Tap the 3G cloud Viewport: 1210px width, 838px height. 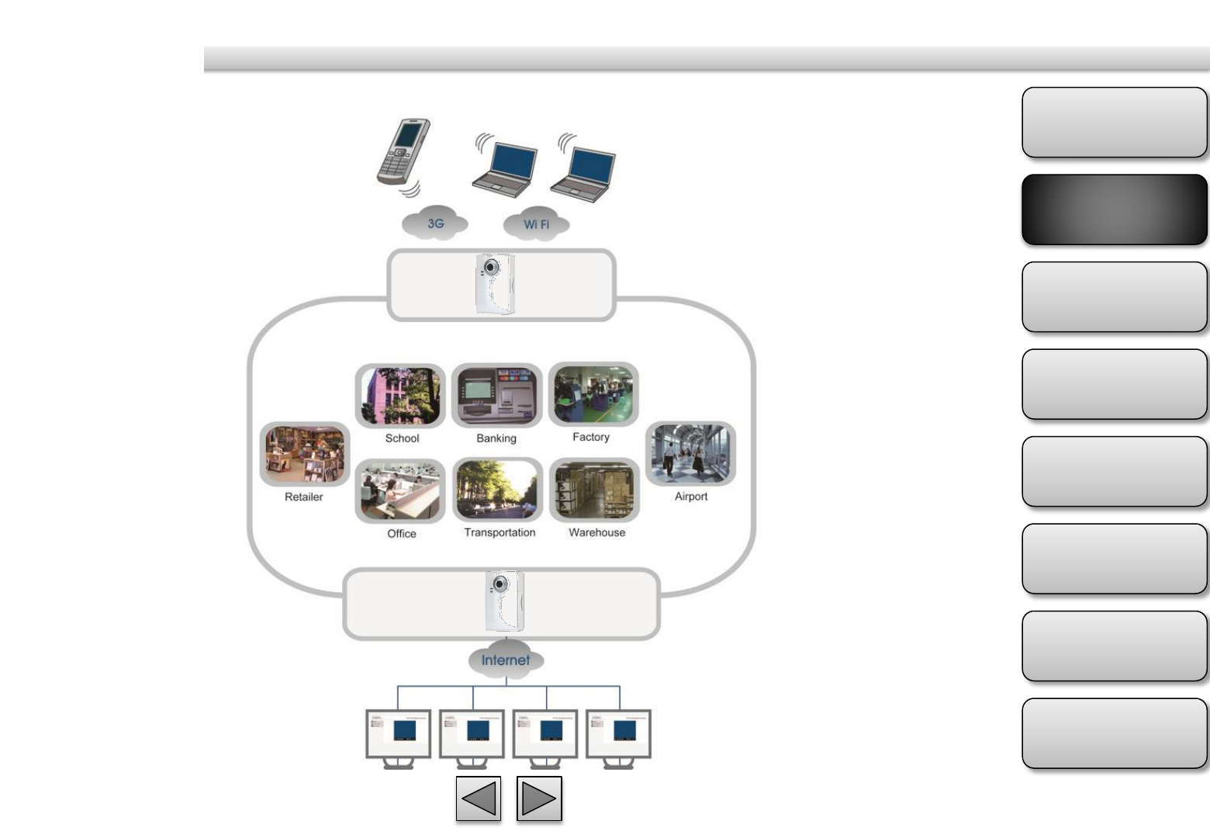435,223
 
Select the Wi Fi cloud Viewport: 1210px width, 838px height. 536,224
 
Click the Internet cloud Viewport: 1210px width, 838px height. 506,660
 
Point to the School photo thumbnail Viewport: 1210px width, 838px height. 400,396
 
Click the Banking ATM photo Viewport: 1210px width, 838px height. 496,396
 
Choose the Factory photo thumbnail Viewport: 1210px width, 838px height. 593,394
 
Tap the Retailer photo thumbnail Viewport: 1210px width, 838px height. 304,454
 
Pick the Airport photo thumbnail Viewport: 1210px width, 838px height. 690,454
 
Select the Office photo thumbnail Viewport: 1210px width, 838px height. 400,491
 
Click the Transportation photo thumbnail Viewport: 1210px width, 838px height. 497,490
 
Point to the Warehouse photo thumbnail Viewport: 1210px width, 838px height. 595,490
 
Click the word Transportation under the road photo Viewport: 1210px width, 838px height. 500,532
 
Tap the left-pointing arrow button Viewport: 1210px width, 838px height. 479,798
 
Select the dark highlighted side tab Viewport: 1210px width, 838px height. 1115,209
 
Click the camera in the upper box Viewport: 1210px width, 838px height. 494,284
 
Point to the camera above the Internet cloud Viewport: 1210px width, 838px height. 504,601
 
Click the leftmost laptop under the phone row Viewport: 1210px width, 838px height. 505,166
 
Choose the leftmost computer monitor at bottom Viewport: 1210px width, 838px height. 399,736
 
